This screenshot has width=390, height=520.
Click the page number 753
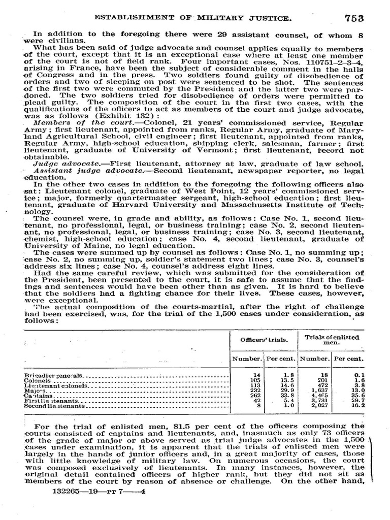pyautogui.click(x=354, y=18)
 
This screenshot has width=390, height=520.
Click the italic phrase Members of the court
pyautogui.click(x=69, y=123)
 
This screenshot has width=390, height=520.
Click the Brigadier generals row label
pyautogui.click(x=54, y=375)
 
